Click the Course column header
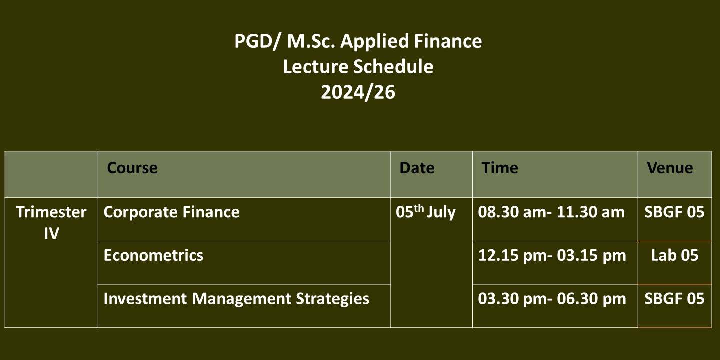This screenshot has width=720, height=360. click(x=132, y=168)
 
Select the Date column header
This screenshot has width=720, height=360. click(x=417, y=168)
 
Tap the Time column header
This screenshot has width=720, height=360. click(x=500, y=168)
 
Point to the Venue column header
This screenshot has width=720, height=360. click(x=670, y=168)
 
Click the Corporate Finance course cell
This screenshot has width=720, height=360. click(x=171, y=212)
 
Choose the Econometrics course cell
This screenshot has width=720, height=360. click(x=153, y=255)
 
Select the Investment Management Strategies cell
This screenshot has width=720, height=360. click(x=236, y=299)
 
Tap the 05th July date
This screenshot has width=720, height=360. click(x=425, y=212)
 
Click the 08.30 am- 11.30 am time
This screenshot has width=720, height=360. click(x=551, y=212)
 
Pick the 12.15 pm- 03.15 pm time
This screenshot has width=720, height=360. click(x=552, y=256)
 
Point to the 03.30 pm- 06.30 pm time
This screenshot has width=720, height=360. click(x=552, y=299)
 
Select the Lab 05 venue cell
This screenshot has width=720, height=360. click(x=675, y=255)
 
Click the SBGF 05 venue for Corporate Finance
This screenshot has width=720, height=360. click(x=674, y=212)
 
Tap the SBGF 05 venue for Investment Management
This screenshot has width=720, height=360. click(x=674, y=299)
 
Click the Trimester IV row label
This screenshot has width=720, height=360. click(x=51, y=223)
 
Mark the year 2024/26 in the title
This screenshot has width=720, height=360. click(x=358, y=92)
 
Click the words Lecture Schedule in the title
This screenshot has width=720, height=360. click(x=358, y=67)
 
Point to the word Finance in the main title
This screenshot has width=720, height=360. click(x=448, y=41)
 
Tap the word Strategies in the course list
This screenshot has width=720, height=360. click(x=332, y=299)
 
